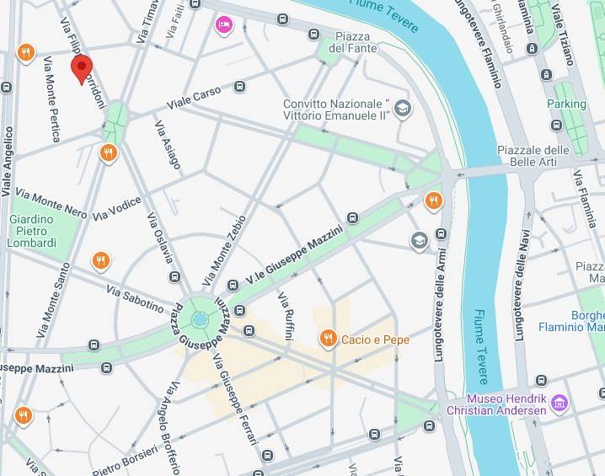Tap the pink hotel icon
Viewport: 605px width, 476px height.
point(222,24)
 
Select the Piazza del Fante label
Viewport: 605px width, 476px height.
point(353,42)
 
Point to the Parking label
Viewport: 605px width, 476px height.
point(565,104)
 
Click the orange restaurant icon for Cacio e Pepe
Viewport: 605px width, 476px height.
point(329,339)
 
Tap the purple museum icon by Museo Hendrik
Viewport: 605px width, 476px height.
point(558,404)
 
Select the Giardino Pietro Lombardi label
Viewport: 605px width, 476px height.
point(32,231)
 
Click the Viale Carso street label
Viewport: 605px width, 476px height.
point(195,98)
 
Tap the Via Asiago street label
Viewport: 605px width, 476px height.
point(167,143)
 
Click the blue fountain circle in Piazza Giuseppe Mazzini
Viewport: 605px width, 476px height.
point(200,319)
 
